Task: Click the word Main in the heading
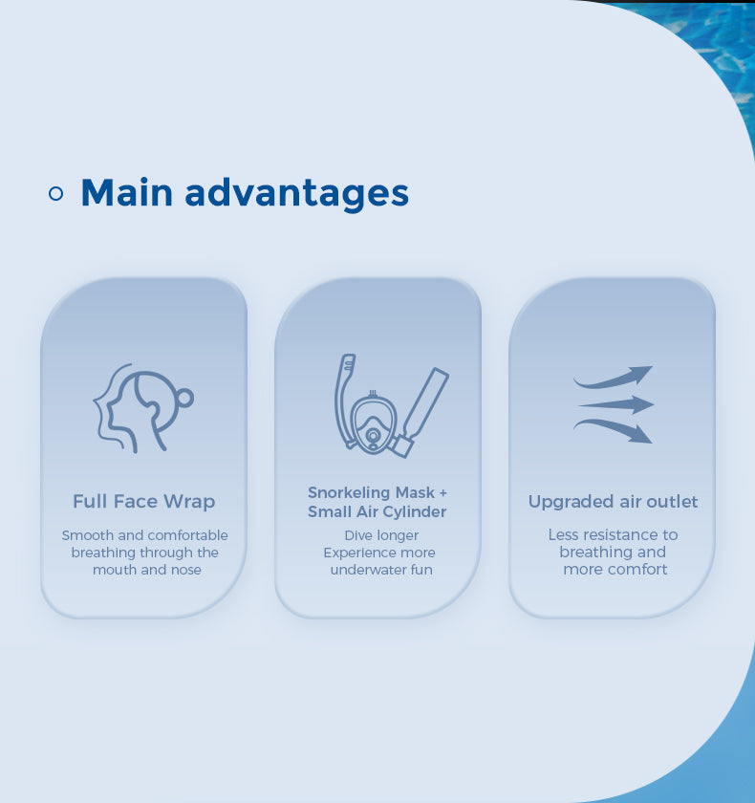point(127,192)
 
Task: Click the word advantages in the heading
point(297,195)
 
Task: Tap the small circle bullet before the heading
point(55,193)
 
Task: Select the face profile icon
point(143,408)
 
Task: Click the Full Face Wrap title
point(144,501)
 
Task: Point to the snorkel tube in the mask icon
point(344,400)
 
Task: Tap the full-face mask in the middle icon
point(373,422)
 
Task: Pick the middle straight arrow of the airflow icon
point(616,404)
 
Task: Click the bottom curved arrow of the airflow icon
point(614,428)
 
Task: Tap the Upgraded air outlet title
point(614,502)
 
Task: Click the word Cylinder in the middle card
point(415,512)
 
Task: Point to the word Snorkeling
point(350,493)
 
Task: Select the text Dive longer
point(381,535)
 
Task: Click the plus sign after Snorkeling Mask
point(442,492)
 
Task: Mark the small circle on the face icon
point(184,398)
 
